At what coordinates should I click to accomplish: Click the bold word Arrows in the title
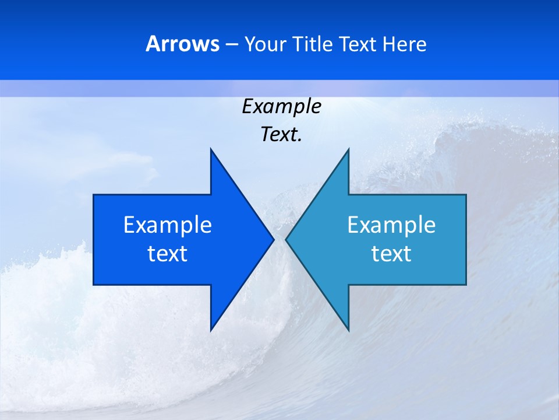coord(182,44)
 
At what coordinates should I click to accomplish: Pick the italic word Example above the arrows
coord(281,107)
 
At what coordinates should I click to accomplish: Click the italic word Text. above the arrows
coord(281,134)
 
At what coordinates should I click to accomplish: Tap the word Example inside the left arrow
coord(168,225)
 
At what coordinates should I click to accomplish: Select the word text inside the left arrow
coord(168,254)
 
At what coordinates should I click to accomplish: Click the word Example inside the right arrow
coord(391,225)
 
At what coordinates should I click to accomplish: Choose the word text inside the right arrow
coord(391,254)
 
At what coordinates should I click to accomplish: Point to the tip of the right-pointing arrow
coord(274,239)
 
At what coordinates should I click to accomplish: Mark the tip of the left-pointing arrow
coord(286,239)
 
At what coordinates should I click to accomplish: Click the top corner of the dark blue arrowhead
coord(211,149)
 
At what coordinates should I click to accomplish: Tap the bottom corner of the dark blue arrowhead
coord(211,330)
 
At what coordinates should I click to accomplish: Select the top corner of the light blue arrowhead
coord(348,149)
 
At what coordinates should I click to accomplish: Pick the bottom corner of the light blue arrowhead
coord(348,330)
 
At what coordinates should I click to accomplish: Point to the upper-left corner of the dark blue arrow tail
coord(94,195)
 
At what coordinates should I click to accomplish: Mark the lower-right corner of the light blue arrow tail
coord(466,285)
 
